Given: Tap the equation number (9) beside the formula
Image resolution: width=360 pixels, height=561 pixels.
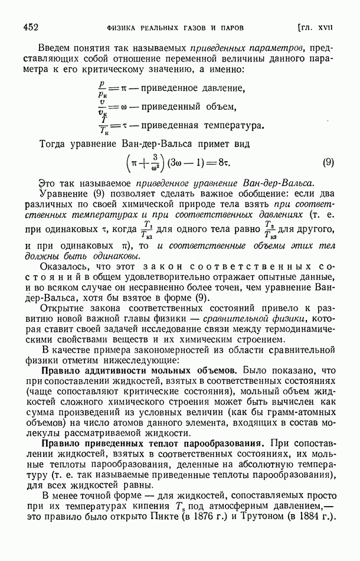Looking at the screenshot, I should (329, 163).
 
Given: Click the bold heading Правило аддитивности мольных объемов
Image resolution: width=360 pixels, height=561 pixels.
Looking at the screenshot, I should (139, 370).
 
